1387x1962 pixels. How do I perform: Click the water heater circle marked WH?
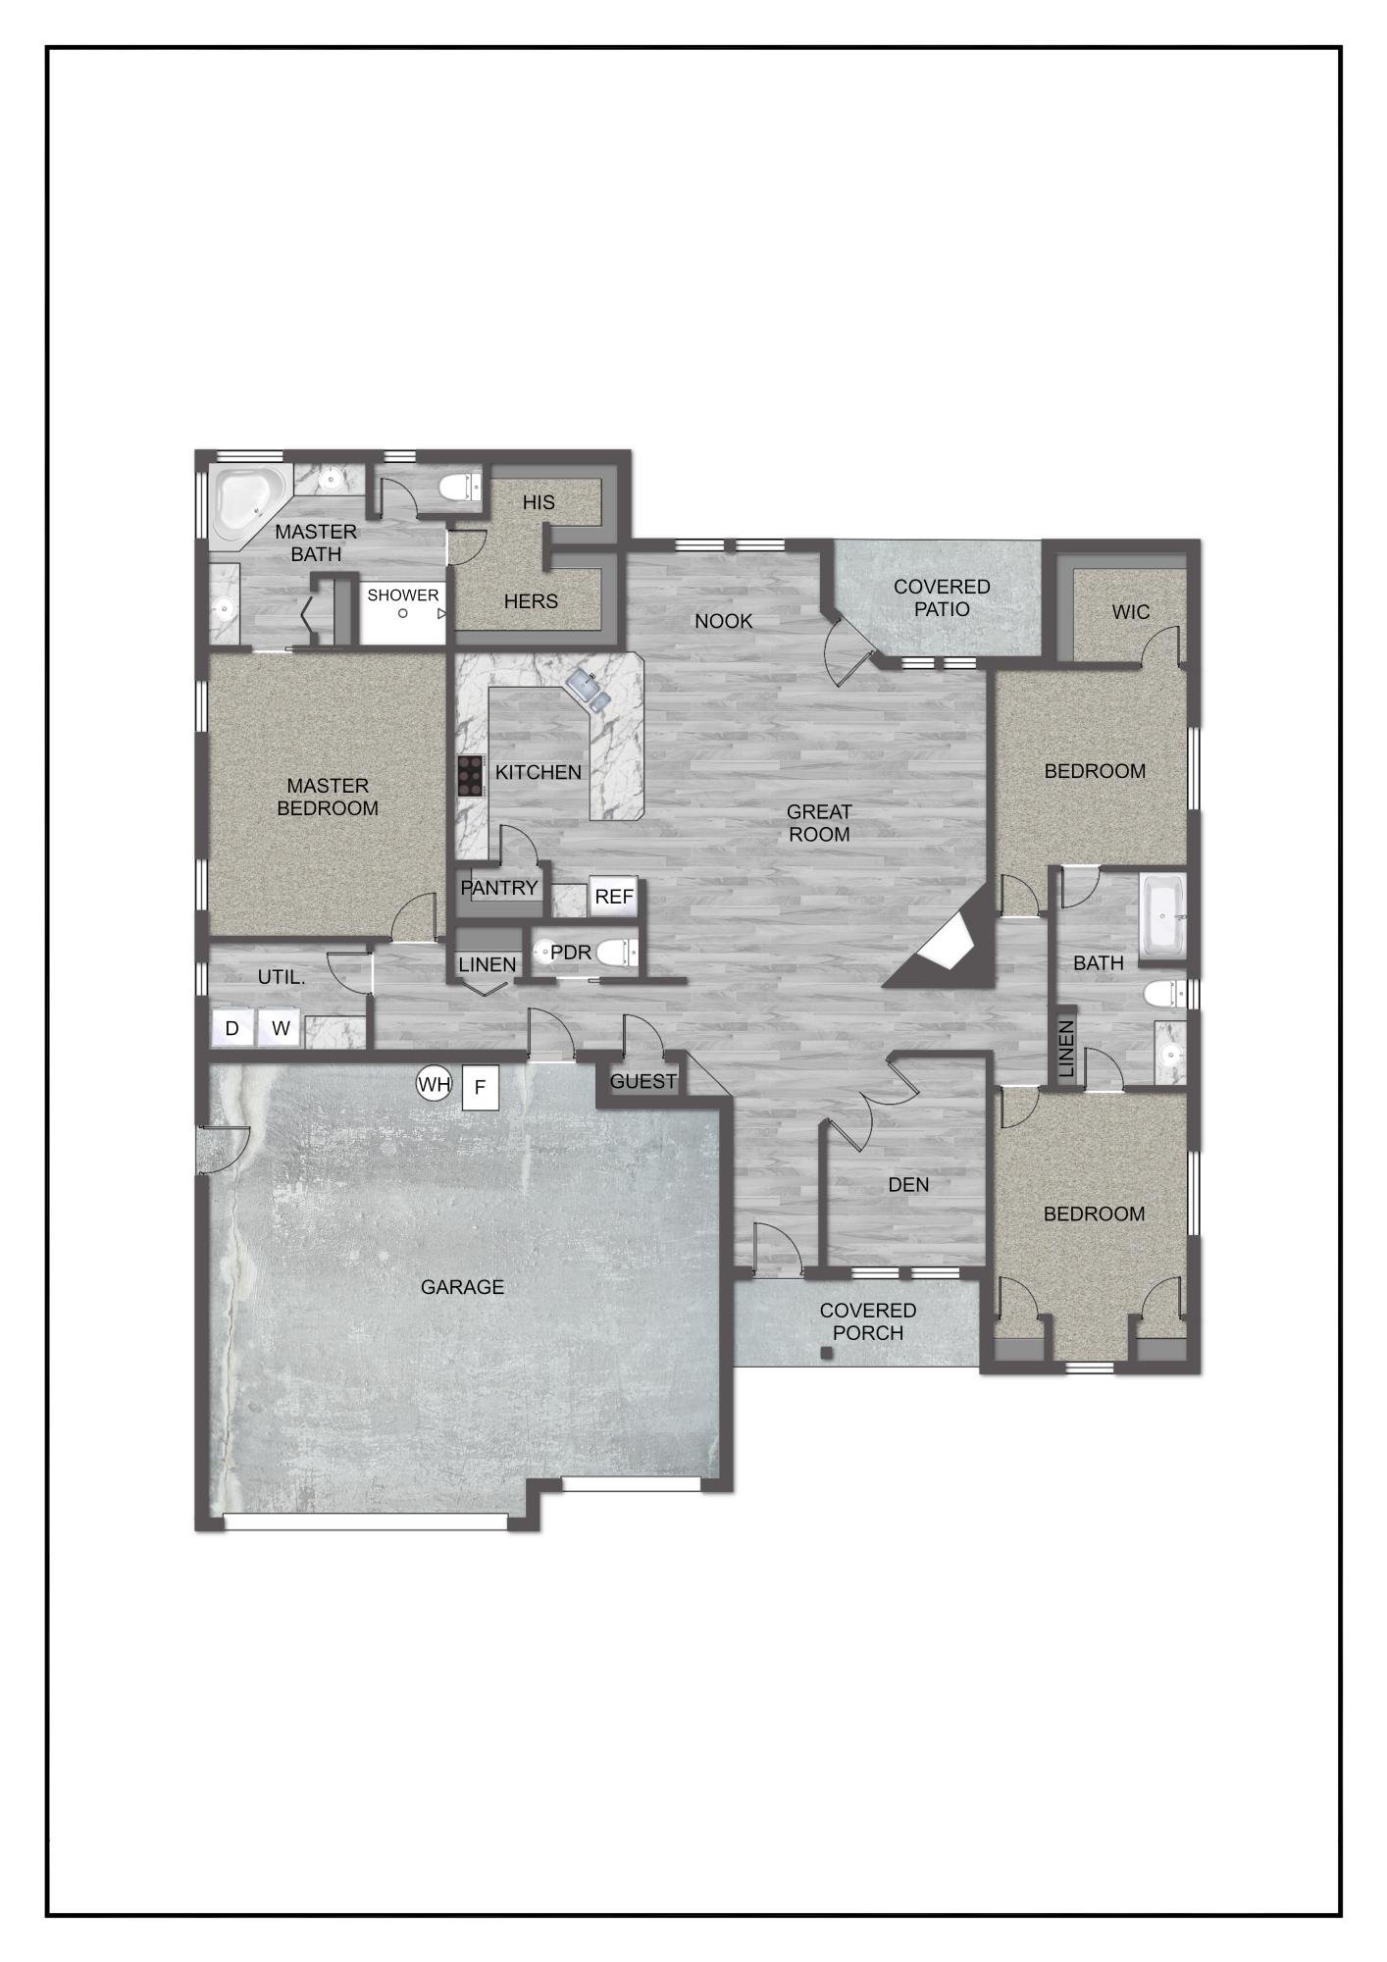click(434, 1084)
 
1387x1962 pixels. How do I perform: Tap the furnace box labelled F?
click(480, 1087)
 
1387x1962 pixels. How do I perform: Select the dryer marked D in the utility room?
click(232, 1028)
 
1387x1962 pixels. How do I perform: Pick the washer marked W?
click(281, 1028)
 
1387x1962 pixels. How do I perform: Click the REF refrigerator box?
click(614, 897)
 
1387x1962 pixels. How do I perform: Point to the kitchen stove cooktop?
click(471, 776)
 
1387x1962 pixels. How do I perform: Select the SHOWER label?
click(403, 595)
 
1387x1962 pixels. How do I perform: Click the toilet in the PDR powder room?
click(616, 953)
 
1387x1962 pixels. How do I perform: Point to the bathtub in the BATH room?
click(1163, 916)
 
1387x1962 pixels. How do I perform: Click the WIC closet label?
click(1130, 612)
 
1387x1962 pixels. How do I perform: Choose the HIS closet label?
click(539, 502)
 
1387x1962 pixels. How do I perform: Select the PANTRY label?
click(499, 888)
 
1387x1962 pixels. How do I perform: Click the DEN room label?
click(908, 1184)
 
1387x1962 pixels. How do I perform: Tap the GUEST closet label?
click(643, 1081)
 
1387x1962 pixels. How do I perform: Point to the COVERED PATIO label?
click(942, 597)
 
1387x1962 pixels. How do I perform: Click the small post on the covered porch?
click(826, 1353)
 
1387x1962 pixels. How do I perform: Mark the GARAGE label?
click(462, 1286)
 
